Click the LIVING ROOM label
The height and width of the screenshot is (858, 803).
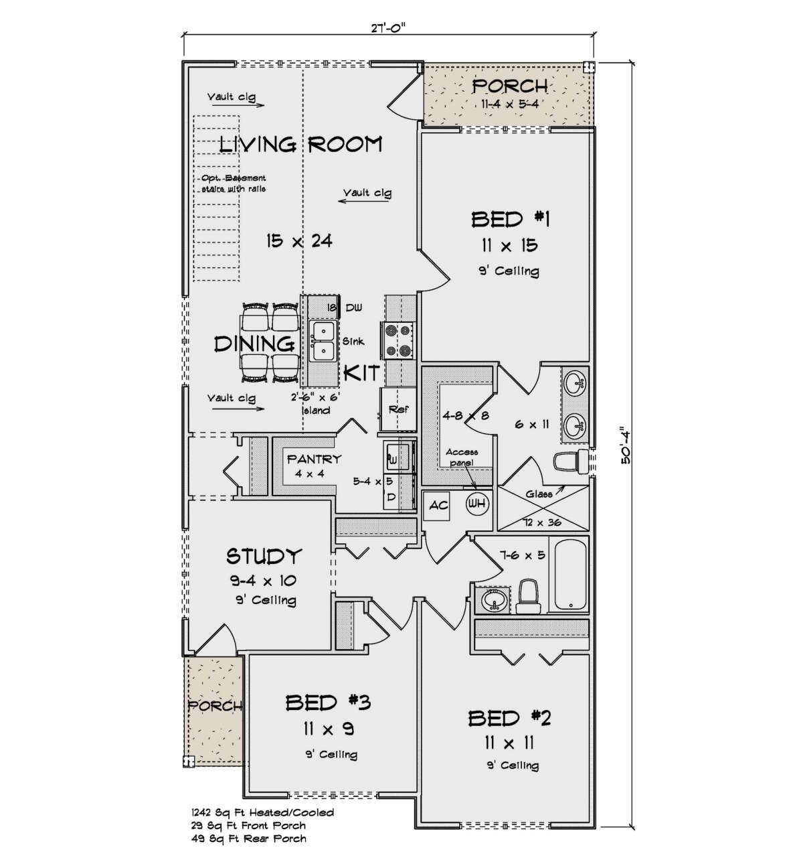[301, 144]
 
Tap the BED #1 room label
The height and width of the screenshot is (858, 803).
[511, 220]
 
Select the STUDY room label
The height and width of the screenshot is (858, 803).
[263, 556]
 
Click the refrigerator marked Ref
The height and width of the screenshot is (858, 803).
[398, 409]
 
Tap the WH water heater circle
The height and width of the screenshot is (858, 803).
[477, 503]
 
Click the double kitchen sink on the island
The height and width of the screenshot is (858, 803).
[323, 341]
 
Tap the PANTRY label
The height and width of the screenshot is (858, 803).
[314, 459]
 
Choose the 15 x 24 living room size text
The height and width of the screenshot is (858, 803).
[299, 241]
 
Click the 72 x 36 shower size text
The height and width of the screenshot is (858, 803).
[542, 522]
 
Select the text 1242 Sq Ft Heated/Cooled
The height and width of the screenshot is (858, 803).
[263, 812]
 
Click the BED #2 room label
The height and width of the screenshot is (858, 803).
[509, 719]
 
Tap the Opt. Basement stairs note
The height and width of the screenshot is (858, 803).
[234, 184]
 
